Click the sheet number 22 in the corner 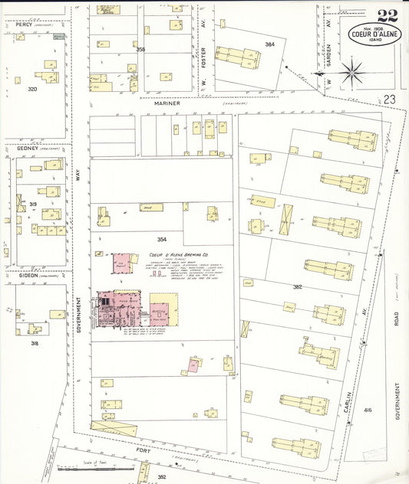click(x=388, y=15)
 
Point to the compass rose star click(x=351, y=74)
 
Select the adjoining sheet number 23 click(x=390, y=99)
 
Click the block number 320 click(x=32, y=89)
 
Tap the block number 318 click(x=35, y=343)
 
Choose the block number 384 click(x=269, y=44)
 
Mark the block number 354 click(x=162, y=240)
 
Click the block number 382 click(x=297, y=286)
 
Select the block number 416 click(x=368, y=410)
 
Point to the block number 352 click(x=162, y=476)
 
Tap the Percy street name click(x=24, y=25)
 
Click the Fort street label click(x=143, y=450)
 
